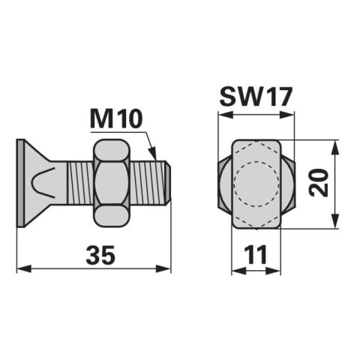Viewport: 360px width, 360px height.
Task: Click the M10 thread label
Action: tap(116, 119)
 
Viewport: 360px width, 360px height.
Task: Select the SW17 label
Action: tap(256, 97)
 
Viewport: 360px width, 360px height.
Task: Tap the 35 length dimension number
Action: tap(100, 255)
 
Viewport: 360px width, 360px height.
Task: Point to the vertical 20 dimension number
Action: tap(319, 183)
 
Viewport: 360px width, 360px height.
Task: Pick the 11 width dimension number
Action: tap(256, 255)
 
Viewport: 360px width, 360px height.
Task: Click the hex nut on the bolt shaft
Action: tap(112, 183)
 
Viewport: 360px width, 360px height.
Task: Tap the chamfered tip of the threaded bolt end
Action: tap(169, 183)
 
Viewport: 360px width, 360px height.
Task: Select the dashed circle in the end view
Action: tap(256, 184)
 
